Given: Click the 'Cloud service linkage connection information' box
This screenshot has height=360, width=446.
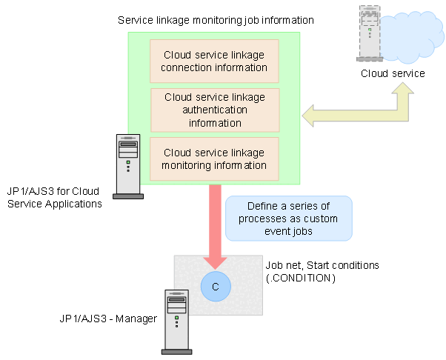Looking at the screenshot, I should pyautogui.click(x=215, y=61).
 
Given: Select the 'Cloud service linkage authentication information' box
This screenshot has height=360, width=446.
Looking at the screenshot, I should pyautogui.click(x=215, y=110).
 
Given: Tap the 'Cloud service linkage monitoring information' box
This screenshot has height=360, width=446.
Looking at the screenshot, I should pyautogui.click(x=215, y=158).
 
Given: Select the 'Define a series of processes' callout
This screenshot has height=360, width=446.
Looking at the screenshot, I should pyautogui.click(x=287, y=218).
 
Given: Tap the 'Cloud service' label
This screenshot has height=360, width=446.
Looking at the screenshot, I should pyautogui.click(x=393, y=73).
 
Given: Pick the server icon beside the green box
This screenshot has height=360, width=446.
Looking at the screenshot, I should pyautogui.click(x=127, y=167).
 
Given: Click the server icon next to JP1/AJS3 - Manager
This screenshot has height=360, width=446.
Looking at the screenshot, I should pyautogui.click(x=176, y=321).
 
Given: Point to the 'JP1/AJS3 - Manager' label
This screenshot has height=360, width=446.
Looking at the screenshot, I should pyautogui.click(x=108, y=319).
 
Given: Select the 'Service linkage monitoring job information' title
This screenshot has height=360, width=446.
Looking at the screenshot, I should pyautogui.click(x=215, y=19).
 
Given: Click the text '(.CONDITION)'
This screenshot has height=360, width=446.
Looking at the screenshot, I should pyautogui.click(x=301, y=278).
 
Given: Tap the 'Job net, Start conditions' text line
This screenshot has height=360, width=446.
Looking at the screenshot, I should pyautogui.click(x=322, y=265).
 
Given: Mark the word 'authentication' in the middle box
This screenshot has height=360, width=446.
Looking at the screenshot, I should pyautogui.click(x=215, y=110).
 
